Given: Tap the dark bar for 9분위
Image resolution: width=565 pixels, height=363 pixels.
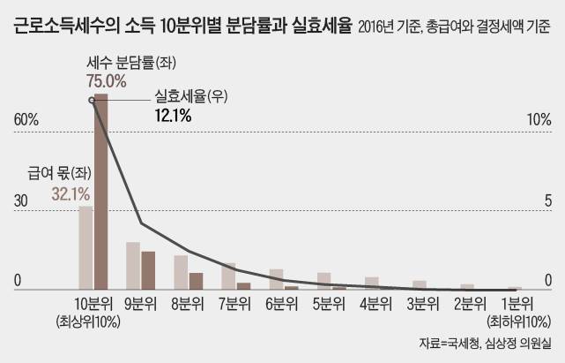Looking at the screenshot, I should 148,270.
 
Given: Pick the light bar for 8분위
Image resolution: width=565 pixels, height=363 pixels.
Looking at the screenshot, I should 181,272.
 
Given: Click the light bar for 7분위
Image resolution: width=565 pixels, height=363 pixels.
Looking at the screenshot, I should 228,276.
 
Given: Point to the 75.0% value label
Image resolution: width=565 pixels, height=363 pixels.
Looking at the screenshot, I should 107,80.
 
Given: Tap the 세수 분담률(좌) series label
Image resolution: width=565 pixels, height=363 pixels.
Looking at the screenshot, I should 119,63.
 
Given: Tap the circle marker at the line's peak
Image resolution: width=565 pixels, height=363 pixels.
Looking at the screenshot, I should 93,100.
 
